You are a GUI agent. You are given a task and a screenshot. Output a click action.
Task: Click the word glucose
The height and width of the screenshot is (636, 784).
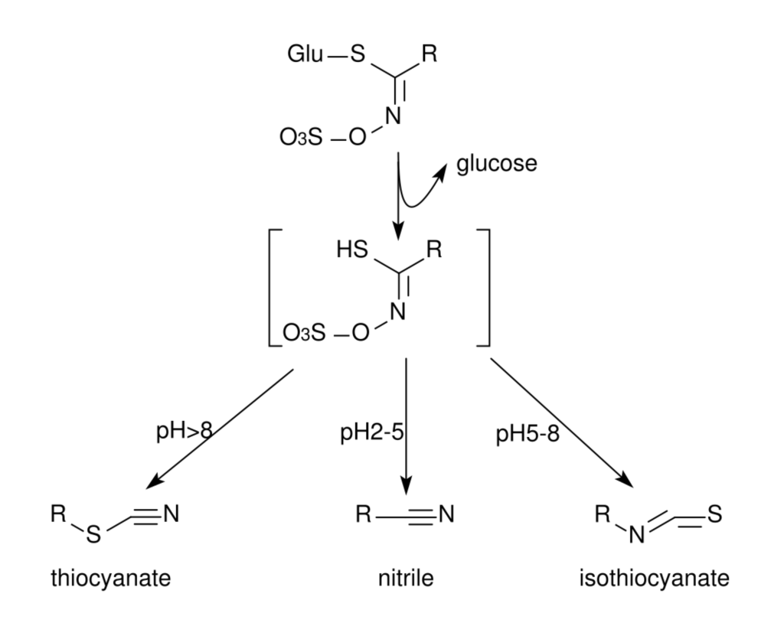[497, 164]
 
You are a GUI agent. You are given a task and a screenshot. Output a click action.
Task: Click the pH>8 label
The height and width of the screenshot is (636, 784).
[184, 432]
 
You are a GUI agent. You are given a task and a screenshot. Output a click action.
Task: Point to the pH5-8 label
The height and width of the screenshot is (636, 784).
[528, 434]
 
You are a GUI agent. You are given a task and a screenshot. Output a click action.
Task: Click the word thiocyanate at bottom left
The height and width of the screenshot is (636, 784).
[110, 577]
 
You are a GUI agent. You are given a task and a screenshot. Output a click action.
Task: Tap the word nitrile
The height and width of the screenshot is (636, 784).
[406, 577]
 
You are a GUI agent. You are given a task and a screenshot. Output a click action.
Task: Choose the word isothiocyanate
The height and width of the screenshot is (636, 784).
[655, 577]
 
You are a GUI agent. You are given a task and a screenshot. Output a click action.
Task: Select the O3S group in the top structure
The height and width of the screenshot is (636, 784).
[301, 141]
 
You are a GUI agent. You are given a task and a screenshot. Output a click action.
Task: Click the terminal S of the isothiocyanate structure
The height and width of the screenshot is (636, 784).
[714, 512]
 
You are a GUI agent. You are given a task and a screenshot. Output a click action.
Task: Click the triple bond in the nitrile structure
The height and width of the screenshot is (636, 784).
[419, 514]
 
